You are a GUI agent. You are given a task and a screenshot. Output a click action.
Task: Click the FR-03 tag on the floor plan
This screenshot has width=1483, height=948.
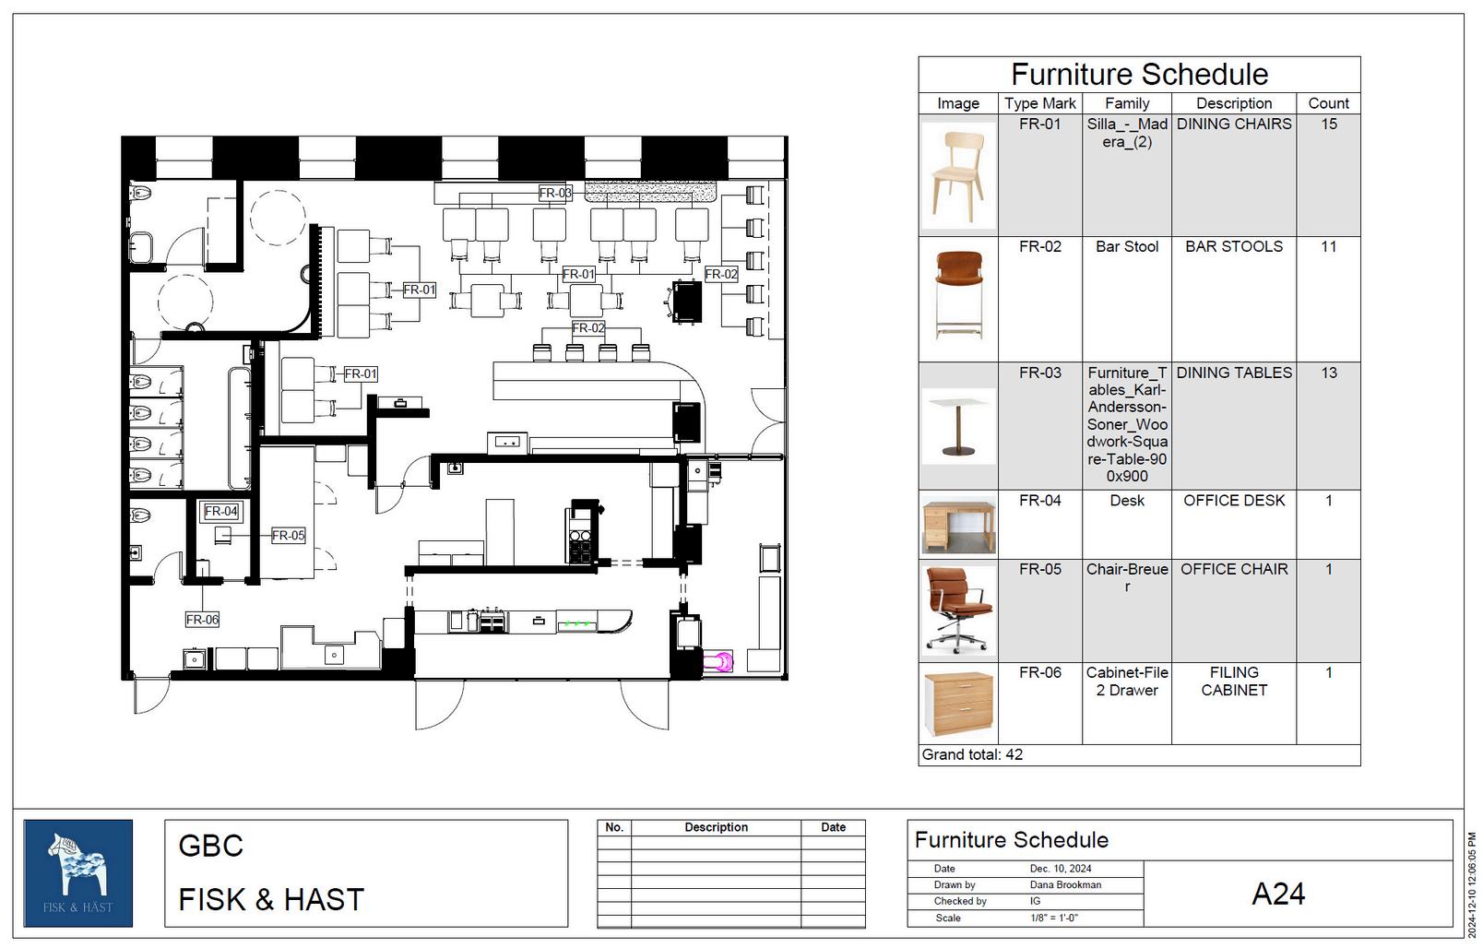coord(555,193)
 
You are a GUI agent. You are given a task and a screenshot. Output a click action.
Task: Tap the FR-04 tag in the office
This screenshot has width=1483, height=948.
coord(221,511)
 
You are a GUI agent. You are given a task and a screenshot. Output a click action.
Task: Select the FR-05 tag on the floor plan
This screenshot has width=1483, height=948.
coord(289,535)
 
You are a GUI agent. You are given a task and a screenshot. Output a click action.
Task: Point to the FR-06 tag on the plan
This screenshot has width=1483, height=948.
coord(202,620)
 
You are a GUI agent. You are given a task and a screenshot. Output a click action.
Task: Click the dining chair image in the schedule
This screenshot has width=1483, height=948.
coord(958,175)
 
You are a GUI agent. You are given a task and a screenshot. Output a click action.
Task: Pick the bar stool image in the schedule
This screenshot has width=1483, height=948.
coord(958,295)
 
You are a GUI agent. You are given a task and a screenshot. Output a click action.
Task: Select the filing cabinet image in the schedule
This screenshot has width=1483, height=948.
coord(958,704)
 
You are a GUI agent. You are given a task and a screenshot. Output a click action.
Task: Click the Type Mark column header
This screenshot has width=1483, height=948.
coord(1039,103)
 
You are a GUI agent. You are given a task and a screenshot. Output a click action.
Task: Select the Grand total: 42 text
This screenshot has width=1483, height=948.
coord(972,754)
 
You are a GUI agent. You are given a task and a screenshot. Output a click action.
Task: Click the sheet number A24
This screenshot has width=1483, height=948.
coord(1277,894)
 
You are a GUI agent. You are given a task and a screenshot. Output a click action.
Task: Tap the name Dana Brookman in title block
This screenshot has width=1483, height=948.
coord(1065,884)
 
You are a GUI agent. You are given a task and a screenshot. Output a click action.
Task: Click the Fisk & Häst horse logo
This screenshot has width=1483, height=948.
coord(78,873)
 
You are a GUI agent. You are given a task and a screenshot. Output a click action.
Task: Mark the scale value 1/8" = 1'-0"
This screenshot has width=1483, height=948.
coord(1054,918)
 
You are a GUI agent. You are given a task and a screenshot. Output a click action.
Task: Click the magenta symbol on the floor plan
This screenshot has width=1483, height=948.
coord(718,661)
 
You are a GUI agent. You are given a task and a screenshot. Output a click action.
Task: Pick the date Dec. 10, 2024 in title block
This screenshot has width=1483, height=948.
coord(1061,869)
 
